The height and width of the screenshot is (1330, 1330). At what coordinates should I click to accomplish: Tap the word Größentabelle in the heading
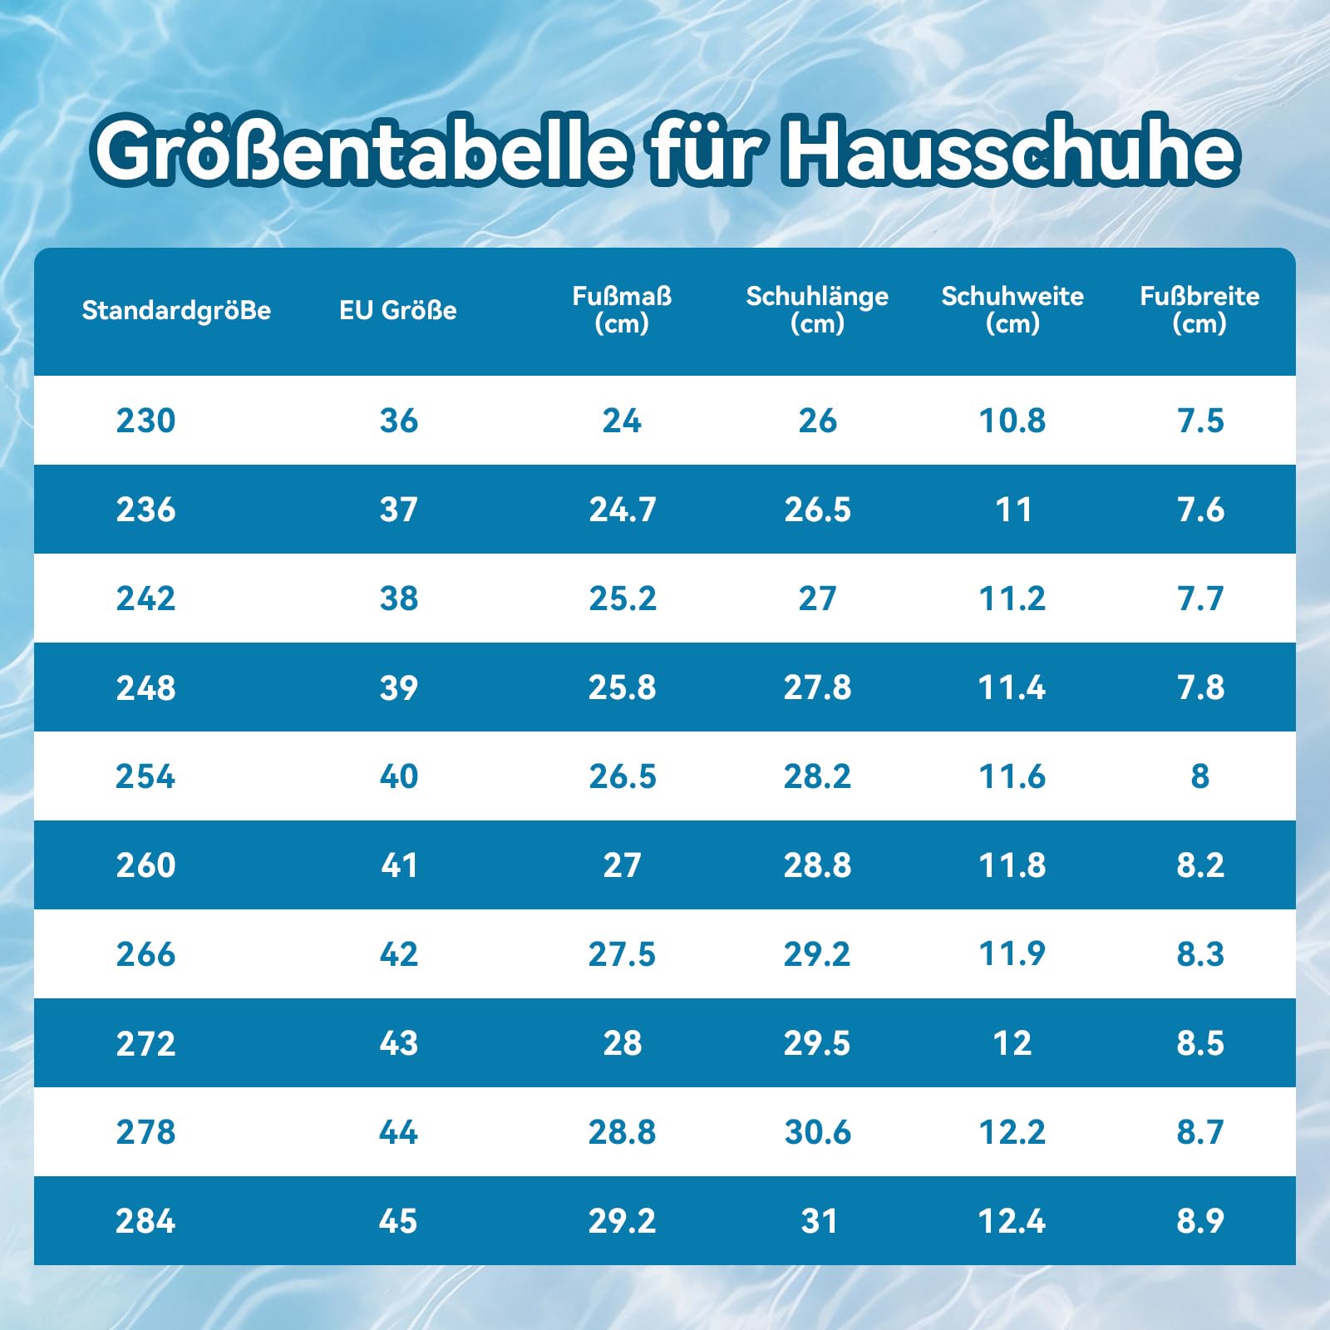coord(359,151)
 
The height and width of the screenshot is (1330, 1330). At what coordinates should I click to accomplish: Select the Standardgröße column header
coord(176,310)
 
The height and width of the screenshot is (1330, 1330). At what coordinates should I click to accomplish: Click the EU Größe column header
coord(398,310)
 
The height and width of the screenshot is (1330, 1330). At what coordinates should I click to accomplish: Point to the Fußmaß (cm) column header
coord(622,309)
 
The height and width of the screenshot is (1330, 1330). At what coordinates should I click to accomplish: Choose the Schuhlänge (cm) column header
coord(817,309)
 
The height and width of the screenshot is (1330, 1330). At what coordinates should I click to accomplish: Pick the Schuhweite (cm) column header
coord(1012,309)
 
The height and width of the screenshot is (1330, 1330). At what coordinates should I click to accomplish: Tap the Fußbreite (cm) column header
coord(1199,309)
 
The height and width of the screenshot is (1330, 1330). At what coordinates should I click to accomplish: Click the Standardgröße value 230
coord(145,421)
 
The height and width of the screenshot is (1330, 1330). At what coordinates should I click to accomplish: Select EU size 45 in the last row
coord(398,1221)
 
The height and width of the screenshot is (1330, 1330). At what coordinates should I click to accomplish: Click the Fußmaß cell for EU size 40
coord(623,776)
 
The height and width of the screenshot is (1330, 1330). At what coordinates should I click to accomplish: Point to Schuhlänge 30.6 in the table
coord(818,1132)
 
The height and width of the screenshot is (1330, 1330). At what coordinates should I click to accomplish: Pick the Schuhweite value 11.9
coord(1012,954)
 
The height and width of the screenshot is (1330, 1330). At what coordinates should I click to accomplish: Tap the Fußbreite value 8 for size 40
coord(1200,776)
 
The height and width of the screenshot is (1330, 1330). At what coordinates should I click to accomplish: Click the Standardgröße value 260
coord(145,865)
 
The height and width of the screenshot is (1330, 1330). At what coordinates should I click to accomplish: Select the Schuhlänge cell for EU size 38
coord(817,598)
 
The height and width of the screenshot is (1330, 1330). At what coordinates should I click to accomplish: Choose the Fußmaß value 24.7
coord(623,510)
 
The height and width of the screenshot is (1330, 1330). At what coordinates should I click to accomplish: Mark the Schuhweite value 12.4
coord(1012,1221)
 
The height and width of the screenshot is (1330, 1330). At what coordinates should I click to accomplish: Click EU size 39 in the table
coord(398,687)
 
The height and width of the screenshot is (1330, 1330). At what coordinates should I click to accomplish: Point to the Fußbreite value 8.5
coord(1200,1043)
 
